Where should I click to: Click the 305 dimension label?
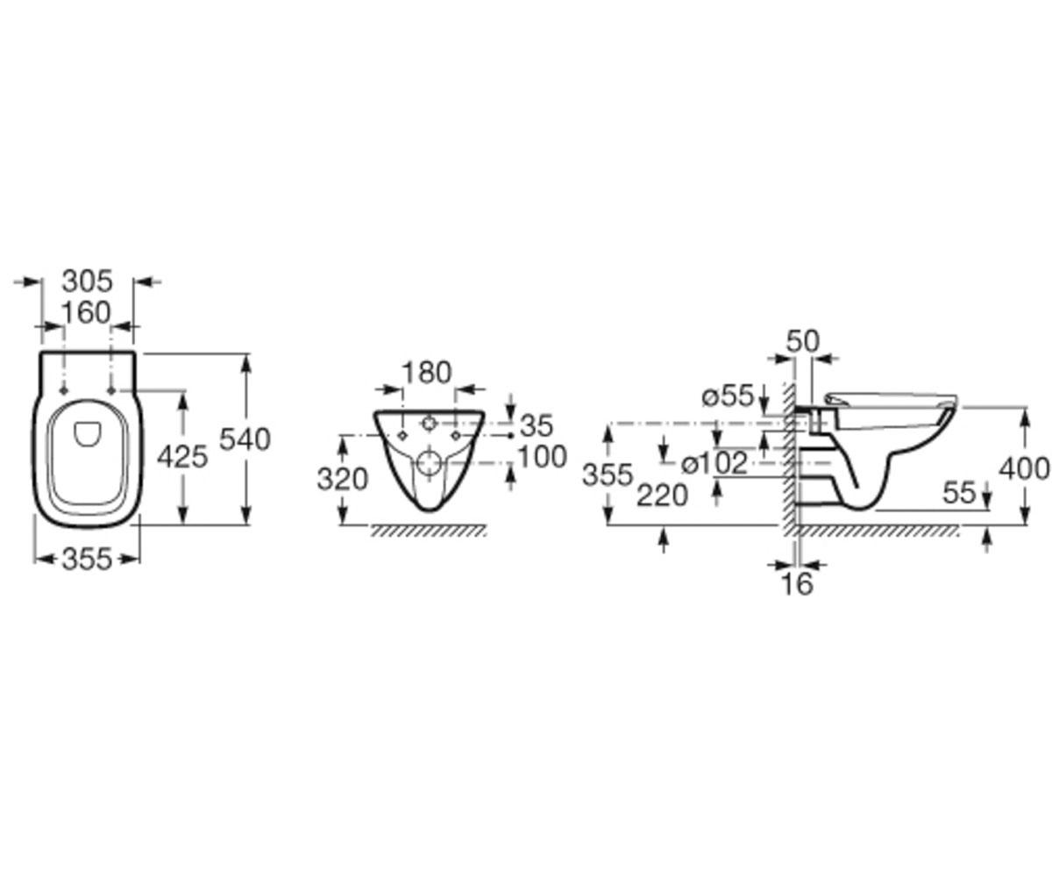pyautogui.click(x=87, y=282)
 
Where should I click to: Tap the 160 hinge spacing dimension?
pyautogui.click(x=86, y=312)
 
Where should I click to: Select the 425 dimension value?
pyautogui.click(x=182, y=457)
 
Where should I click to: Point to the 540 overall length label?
pyautogui.click(x=245, y=439)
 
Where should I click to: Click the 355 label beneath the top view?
pyautogui.click(x=87, y=560)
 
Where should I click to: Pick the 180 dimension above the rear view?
pyautogui.click(x=427, y=373)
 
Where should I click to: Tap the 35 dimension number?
pyautogui.click(x=536, y=425)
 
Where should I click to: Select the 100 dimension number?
pyautogui.click(x=542, y=457)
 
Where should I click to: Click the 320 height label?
pyautogui.click(x=343, y=480)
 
